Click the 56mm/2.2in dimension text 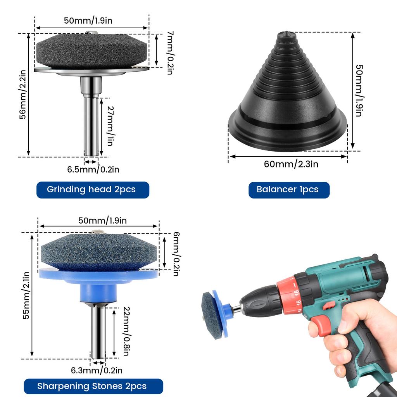point(23,95)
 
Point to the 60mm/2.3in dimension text point(291,164)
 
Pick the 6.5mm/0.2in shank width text point(93,169)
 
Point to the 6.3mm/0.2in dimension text point(97,371)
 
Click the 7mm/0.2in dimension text point(169,53)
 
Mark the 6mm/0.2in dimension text point(175,254)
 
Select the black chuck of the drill point(258,302)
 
